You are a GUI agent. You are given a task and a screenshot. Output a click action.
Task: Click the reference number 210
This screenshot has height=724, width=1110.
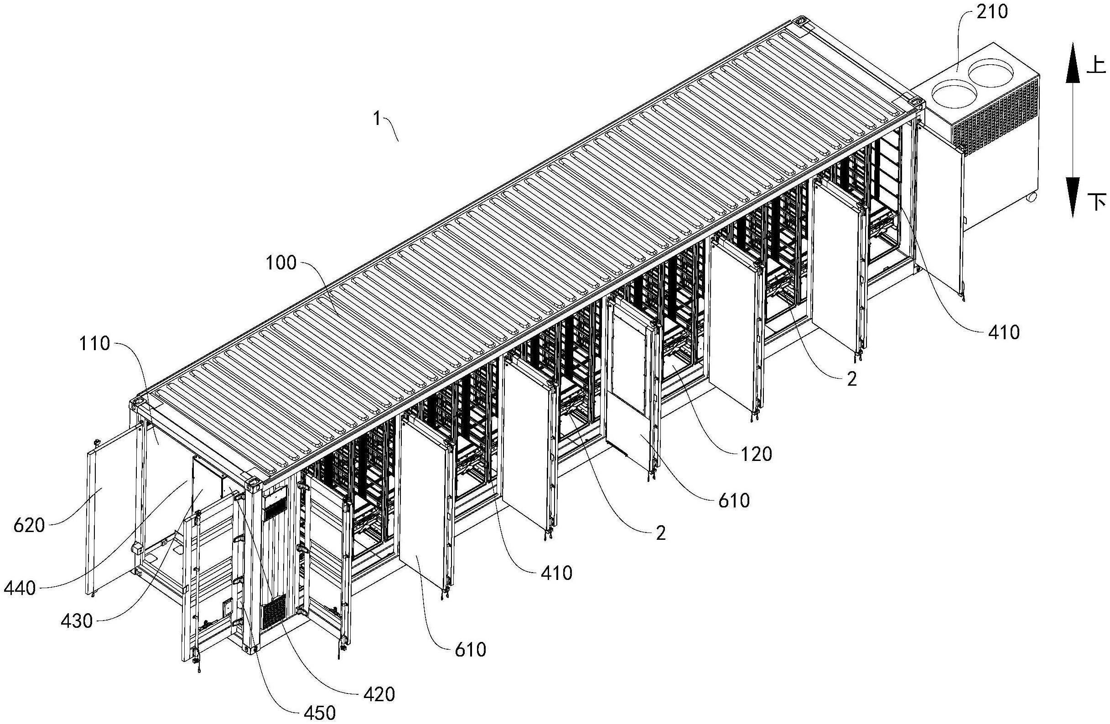992,13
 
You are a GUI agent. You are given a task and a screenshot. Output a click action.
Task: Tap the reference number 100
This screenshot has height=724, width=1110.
281,263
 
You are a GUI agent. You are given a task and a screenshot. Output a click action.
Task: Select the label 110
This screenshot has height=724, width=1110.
95,344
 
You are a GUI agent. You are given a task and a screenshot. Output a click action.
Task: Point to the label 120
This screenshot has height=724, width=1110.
757,454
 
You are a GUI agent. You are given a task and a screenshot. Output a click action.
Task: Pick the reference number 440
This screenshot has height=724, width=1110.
20,589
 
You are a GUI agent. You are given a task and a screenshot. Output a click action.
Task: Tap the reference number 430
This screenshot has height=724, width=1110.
77,621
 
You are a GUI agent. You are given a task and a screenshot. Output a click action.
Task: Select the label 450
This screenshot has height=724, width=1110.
320,713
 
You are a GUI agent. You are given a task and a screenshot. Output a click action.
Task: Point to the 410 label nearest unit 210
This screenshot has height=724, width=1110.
1004,332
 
